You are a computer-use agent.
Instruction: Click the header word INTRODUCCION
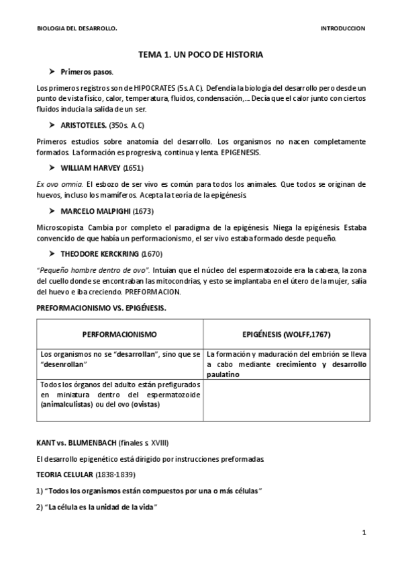click(x=343, y=29)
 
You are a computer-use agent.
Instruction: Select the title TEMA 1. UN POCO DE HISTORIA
click(x=201, y=54)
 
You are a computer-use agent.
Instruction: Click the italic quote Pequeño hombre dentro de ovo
click(x=92, y=270)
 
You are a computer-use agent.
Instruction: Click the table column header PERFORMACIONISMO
click(x=119, y=333)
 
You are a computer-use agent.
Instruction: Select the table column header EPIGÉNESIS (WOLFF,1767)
click(x=286, y=333)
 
